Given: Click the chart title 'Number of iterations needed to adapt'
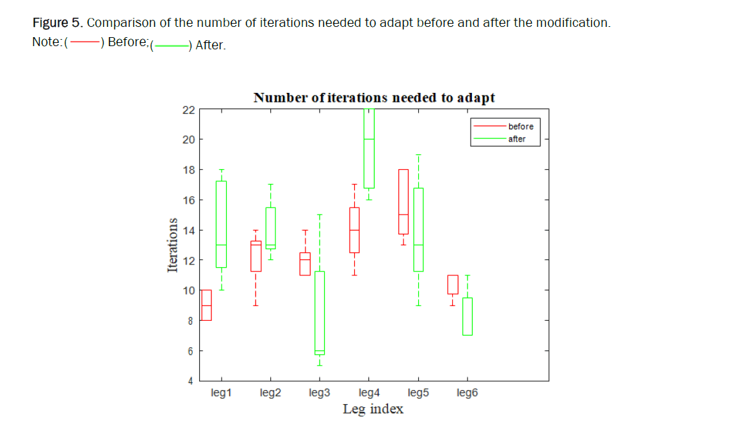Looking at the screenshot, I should coord(374,98).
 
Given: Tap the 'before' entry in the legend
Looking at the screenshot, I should coord(521,126).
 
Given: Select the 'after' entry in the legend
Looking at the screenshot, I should coord(517,139).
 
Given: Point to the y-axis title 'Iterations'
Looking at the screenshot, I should coord(172,245).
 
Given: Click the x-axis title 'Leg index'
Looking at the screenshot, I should coord(373,409).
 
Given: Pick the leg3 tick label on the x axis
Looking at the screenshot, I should coord(319,393).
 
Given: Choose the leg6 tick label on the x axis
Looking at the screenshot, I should coord(467,393).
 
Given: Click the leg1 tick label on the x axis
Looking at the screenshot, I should coord(220,393).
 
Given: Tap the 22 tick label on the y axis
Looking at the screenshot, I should coord(188,110).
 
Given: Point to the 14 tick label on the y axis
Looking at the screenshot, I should coord(188,231).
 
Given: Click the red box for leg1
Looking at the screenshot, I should coord(206,305).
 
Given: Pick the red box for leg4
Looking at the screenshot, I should coord(354,230).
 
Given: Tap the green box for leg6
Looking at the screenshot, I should coord(467,316).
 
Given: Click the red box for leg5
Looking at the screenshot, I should coord(403,202).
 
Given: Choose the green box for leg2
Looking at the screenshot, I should coord(270,228).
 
